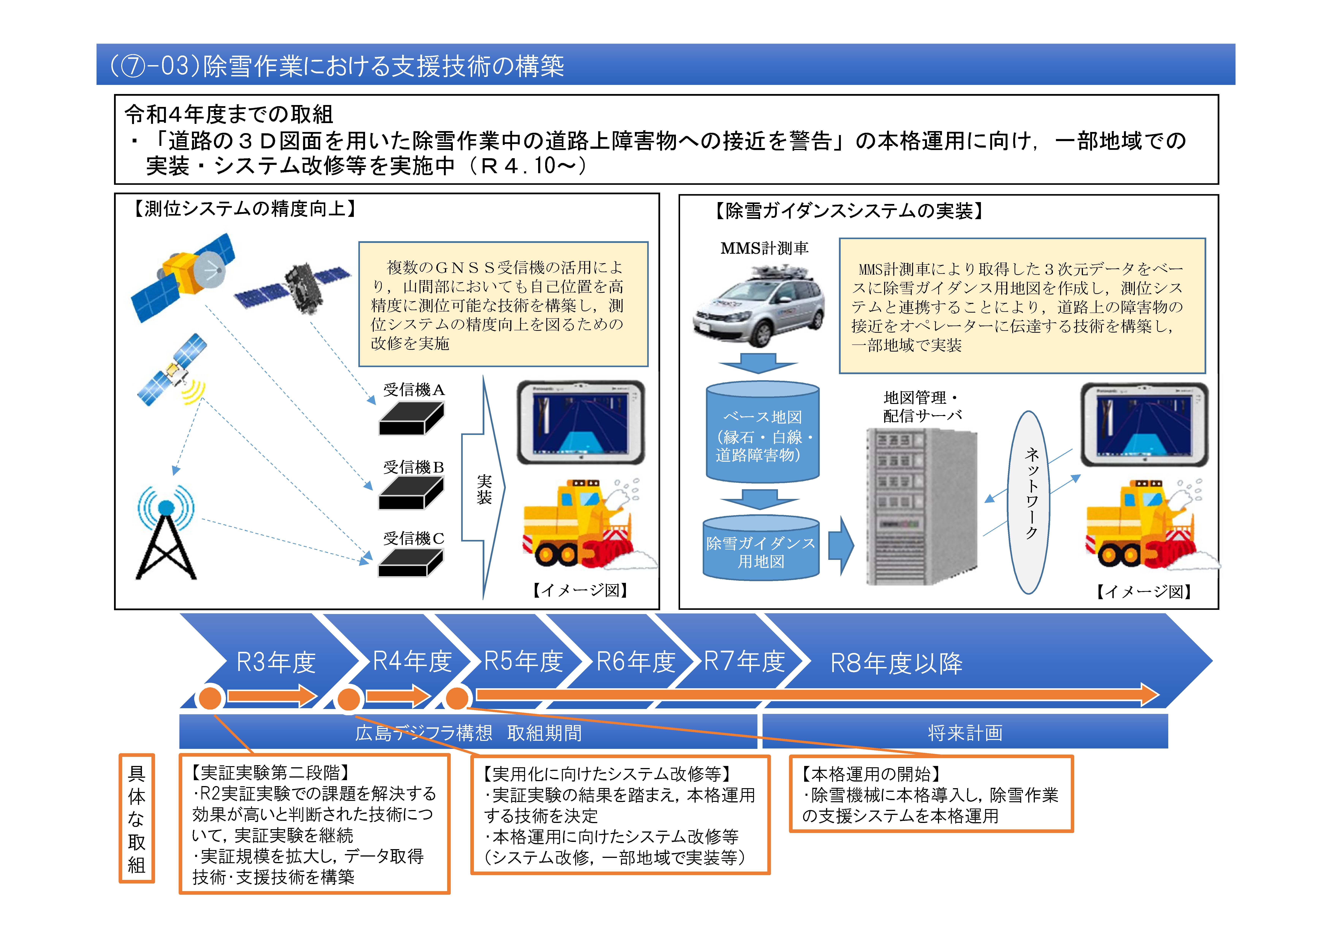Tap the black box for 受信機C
coord(410,563)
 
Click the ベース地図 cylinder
coord(762,432)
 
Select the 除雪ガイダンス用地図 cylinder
coord(760,548)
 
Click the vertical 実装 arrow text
coord(484,489)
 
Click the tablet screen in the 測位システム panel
coord(581,423)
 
